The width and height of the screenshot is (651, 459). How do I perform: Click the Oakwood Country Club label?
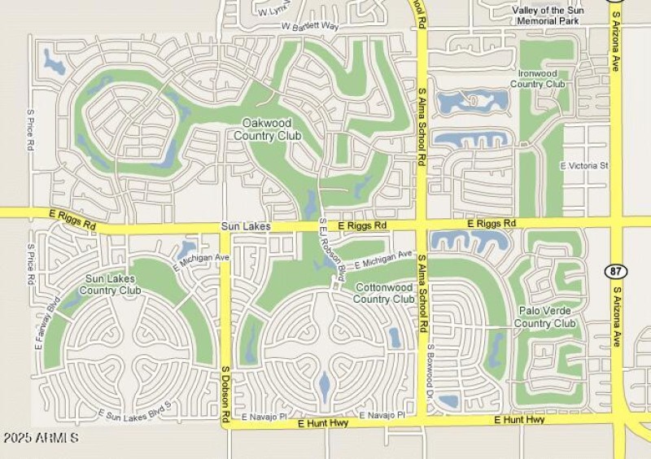pyautogui.click(x=267, y=129)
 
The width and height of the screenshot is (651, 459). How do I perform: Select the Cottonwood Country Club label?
pyautogui.click(x=384, y=293)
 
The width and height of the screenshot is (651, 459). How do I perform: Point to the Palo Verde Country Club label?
pyautogui.click(x=547, y=317)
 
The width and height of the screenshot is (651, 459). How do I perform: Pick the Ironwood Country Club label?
pyautogui.click(x=541, y=78)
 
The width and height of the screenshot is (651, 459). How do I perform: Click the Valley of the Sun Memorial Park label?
pyautogui.click(x=546, y=15)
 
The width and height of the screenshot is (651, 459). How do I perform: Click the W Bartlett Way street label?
pyautogui.click(x=309, y=27)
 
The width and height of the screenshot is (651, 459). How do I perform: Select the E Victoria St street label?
pyautogui.click(x=584, y=165)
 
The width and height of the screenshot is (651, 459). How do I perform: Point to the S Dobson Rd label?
pyautogui.click(x=225, y=394)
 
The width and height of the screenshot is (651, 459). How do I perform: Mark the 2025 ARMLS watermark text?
pyautogui.click(x=41, y=439)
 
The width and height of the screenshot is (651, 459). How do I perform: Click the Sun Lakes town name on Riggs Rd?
pyautogui.click(x=245, y=227)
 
